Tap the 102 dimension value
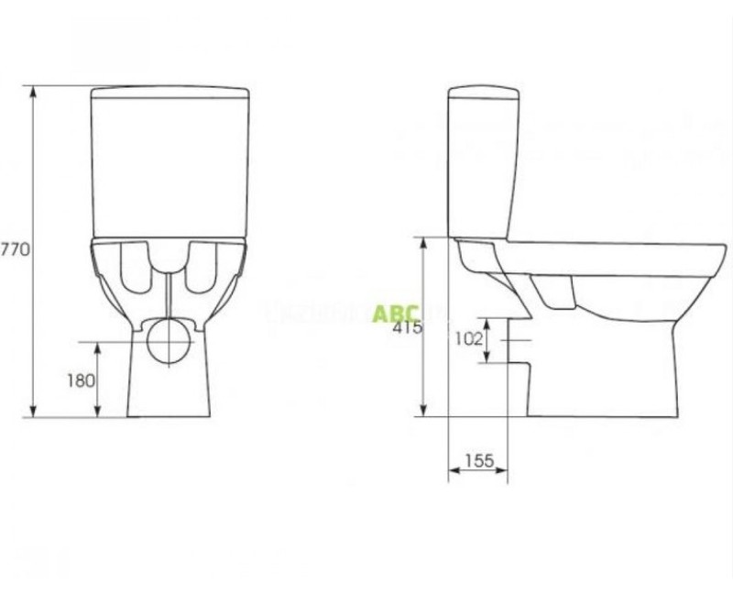468,338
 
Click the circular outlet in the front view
170,340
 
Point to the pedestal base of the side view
605,385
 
